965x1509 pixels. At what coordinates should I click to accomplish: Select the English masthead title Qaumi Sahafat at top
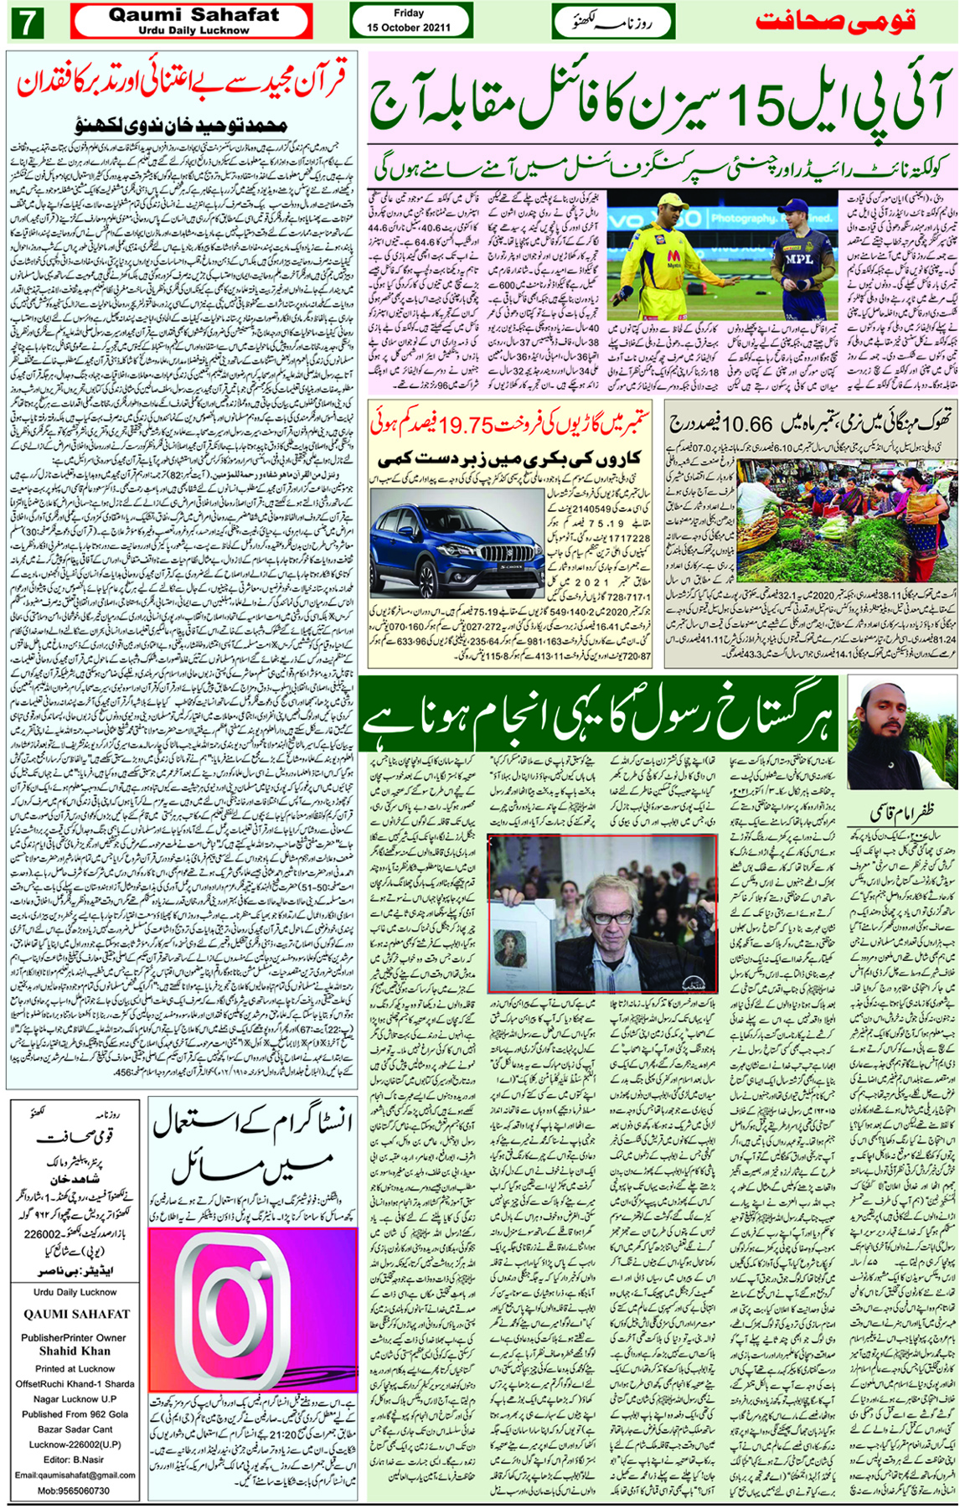click(194, 15)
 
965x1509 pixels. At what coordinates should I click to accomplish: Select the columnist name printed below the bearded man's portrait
click(904, 813)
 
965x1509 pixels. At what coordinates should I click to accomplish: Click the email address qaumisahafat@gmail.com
click(75, 1475)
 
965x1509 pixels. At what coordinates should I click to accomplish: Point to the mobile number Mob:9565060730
click(73, 1491)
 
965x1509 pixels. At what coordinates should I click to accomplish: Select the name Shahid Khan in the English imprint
click(74, 1351)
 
